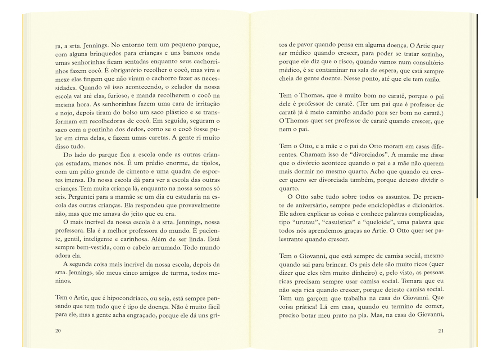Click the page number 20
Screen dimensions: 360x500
click(58, 331)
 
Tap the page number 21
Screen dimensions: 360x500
click(441, 331)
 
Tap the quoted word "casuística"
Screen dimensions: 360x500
click(338, 222)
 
